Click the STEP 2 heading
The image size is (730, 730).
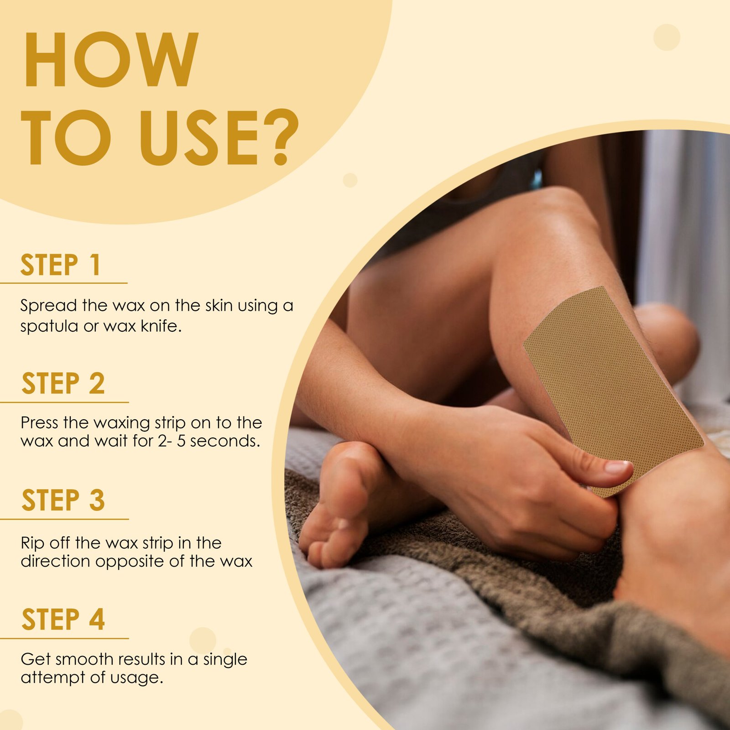click(63, 383)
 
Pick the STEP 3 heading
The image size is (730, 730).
click(63, 500)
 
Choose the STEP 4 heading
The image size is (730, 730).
click(63, 619)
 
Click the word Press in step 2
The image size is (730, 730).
click(40, 423)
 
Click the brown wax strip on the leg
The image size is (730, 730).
click(611, 388)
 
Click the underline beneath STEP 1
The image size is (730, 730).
click(64, 283)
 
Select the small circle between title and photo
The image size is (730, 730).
click(350, 180)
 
